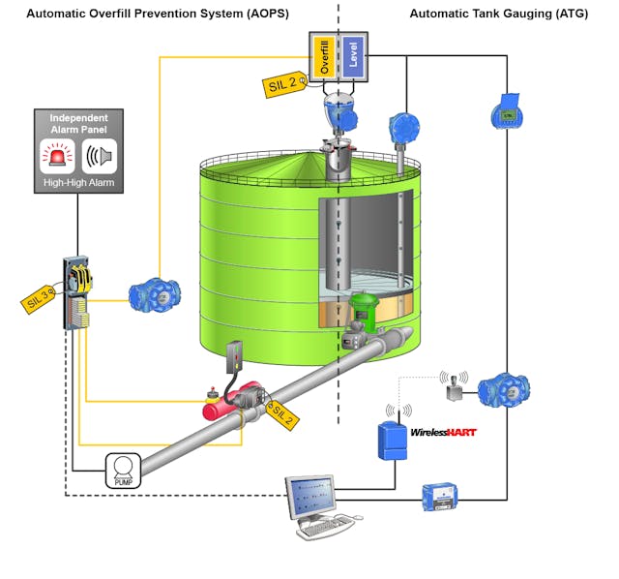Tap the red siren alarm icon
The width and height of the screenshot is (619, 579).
(x=56, y=156)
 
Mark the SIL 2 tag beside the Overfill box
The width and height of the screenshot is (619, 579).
(x=282, y=84)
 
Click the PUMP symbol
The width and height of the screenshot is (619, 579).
(x=122, y=471)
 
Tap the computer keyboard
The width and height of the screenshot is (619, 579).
(x=325, y=528)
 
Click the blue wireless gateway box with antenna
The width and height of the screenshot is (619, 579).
(x=392, y=439)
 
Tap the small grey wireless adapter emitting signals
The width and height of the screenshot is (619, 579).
(x=452, y=390)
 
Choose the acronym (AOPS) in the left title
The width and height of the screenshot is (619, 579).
(x=260, y=14)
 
